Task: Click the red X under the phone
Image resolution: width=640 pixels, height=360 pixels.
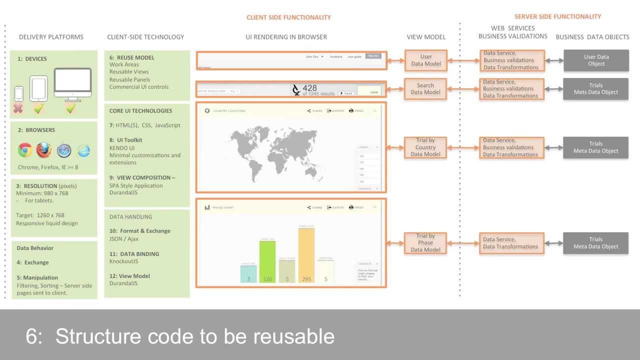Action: [x=18, y=108]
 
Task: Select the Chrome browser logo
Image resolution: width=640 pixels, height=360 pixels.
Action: [x=25, y=149]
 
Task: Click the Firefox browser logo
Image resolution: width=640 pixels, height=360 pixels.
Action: [x=44, y=149]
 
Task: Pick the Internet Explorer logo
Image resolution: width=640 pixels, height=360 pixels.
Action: [x=83, y=150]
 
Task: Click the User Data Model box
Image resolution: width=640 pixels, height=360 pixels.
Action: [x=425, y=60]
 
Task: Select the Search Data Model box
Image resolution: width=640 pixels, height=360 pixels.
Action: [x=425, y=88]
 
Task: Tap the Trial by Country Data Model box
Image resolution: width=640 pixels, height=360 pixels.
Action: [x=425, y=147]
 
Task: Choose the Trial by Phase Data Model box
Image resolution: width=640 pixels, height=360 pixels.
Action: [x=425, y=242]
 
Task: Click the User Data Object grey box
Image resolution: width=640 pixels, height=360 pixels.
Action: [x=596, y=60]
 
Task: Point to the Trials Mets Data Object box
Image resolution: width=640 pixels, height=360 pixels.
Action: [x=596, y=88]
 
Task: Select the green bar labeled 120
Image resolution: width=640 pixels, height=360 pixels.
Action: [x=267, y=261]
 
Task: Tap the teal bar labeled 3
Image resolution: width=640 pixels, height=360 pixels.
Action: [x=248, y=273]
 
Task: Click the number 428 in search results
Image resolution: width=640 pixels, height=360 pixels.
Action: [x=309, y=88]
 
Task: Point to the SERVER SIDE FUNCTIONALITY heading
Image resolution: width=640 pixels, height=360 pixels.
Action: [x=557, y=16]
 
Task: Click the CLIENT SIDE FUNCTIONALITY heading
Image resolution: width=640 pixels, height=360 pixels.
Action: [x=288, y=17]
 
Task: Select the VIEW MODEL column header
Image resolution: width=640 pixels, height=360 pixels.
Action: [x=426, y=37]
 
